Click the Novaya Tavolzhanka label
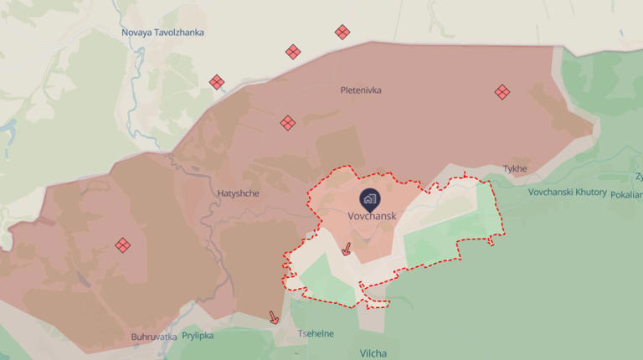pos(162,33)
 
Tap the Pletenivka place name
pos(361,90)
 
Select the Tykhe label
pos(515,168)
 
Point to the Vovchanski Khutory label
pos(567,192)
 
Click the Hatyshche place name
pos(239,193)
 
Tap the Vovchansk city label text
pos(371,215)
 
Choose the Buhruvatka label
pos(153,337)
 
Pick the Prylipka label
pos(198,336)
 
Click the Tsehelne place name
pos(316,333)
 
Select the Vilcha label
pos(373,354)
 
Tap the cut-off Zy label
pos(638,176)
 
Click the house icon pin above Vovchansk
pos(370,199)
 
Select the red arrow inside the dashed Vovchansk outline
pos(347,249)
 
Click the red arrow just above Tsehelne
pos(273,317)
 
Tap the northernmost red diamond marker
pos(342,32)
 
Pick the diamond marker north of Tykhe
pos(502,92)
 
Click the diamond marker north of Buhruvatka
pos(122,244)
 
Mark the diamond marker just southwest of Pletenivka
pos(287,123)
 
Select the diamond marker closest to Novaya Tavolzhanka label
pos(217,82)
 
